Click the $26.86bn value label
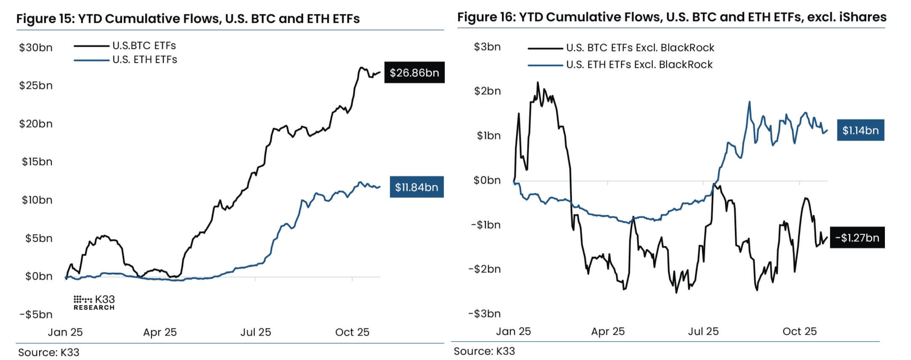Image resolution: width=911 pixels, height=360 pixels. coord(414,73)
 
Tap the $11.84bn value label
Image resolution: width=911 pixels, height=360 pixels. coord(417,187)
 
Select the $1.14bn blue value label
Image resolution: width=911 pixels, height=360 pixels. coord(860,131)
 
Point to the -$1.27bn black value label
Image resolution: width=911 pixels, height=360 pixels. coord(857,238)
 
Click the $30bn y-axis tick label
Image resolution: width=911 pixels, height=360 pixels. coord(36,48)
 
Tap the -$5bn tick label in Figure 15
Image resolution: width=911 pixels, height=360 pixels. coord(36,315)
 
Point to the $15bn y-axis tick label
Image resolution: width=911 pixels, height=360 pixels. coord(37,162)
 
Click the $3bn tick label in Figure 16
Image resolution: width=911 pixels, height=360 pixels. coord(487,47)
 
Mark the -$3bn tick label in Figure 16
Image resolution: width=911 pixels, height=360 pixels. coord(484,314)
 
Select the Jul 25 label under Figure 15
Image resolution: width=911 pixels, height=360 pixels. coord(256,332)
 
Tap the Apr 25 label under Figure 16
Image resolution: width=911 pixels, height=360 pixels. coord(608,331)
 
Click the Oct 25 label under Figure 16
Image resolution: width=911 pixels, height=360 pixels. coord(799,331)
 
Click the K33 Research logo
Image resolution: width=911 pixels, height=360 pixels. coord(94,303)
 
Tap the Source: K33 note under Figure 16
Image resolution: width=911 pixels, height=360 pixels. coord(484,351)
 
